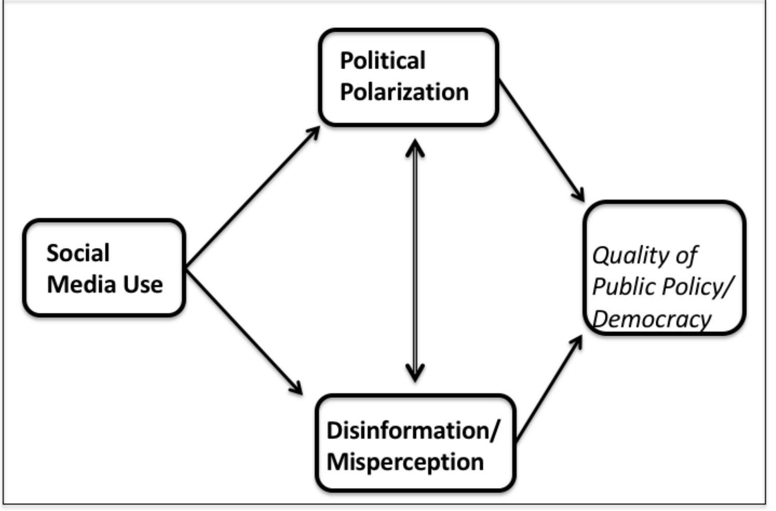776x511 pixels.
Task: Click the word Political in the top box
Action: click(x=382, y=61)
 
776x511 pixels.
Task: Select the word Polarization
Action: click(x=404, y=92)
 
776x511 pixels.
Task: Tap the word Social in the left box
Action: click(x=78, y=254)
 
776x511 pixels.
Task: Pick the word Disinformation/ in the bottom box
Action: click(x=412, y=431)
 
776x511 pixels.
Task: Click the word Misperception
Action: click(x=405, y=462)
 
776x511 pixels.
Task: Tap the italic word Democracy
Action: click(x=652, y=319)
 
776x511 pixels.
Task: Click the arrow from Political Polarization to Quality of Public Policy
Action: click(x=541, y=140)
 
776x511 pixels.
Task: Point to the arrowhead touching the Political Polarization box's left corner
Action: click(x=313, y=132)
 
